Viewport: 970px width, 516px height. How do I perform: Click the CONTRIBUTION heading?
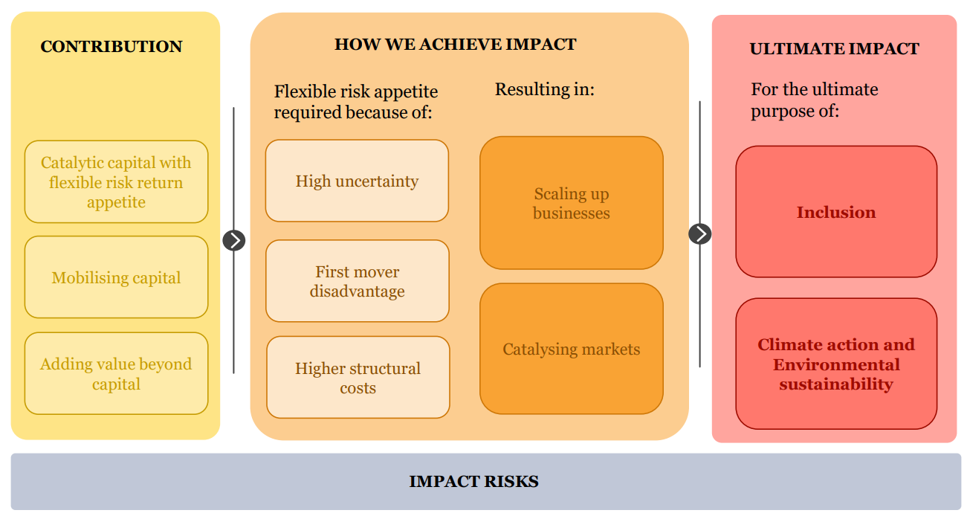pyautogui.click(x=111, y=47)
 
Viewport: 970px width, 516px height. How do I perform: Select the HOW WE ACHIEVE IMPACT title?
pyautogui.click(x=455, y=44)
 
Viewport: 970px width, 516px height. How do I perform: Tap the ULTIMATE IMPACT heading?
pyautogui.click(x=834, y=49)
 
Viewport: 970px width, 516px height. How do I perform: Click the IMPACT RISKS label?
pyautogui.click(x=473, y=481)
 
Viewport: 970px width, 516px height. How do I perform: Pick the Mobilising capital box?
pyautogui.click(x=116, y=277)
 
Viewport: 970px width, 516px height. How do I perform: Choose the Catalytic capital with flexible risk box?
pyautogui.click(x=116, y=182)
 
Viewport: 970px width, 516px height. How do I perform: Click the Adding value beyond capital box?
pyautogui.click(x=116, y=373)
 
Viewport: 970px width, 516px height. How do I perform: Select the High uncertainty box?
pyautogui.click(x=357, y=181)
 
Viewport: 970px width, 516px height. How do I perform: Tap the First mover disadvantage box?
pyautogui.click(x=357, y=281)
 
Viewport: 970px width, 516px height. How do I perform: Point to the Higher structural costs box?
pyautogui.click(x=358, y=378)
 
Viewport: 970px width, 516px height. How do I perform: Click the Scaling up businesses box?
pyautogui.click(x=571, y=203)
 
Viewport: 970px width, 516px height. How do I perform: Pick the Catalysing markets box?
pyautogui.click(x=571, y=349)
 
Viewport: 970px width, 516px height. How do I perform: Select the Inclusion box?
pyautogui.click(x=836, y=212)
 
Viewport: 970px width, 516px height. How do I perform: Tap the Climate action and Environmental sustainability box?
pyautogui.click(x=836, y=364)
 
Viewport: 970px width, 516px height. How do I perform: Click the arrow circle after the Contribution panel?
pyautogui.click(x=233, y=240)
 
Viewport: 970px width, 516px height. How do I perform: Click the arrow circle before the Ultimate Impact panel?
pyautogui.click(x=699, y=233)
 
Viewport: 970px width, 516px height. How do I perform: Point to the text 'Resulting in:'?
pyautogui.click(x=545, y=90)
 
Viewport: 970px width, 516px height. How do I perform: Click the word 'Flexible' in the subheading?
pyautogui.click(x=300, y=92)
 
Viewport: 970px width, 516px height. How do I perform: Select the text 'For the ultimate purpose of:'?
pyautogui.click(x=814, y=100)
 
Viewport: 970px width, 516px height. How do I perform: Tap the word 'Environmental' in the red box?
pyautogui.click(x=836, y=365)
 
